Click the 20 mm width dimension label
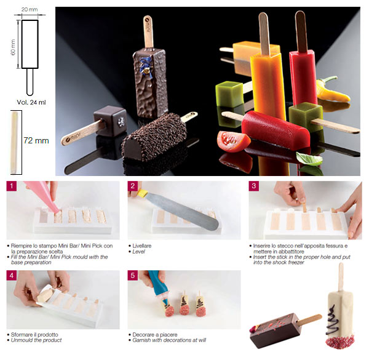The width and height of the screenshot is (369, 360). click(x=30, y=10)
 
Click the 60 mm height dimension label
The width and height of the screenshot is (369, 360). click(x=13, y=47)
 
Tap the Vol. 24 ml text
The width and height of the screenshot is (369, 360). click(x=31, y=102)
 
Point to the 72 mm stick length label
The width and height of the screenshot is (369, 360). click(x=36, y=140)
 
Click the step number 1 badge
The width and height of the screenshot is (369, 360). click(x=12, y=186)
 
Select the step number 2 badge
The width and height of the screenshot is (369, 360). click(x=133, y=186)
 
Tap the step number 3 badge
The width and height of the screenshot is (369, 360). click(x=253, y=186)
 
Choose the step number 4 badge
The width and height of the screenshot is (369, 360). click(x=12, y=275)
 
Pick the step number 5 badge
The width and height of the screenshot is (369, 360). click(x=133, y=275)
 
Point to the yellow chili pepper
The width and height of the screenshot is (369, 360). click(x=332, y=90)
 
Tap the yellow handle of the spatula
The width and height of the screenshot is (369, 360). click(x=143, y=193)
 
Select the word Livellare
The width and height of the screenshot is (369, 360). click(x=141, y=246)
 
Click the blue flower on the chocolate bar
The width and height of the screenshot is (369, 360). click(x=146, y=66)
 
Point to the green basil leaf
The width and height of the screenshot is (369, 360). click(x=309, y=158)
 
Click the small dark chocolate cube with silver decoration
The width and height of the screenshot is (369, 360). click(x=110, y=121)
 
